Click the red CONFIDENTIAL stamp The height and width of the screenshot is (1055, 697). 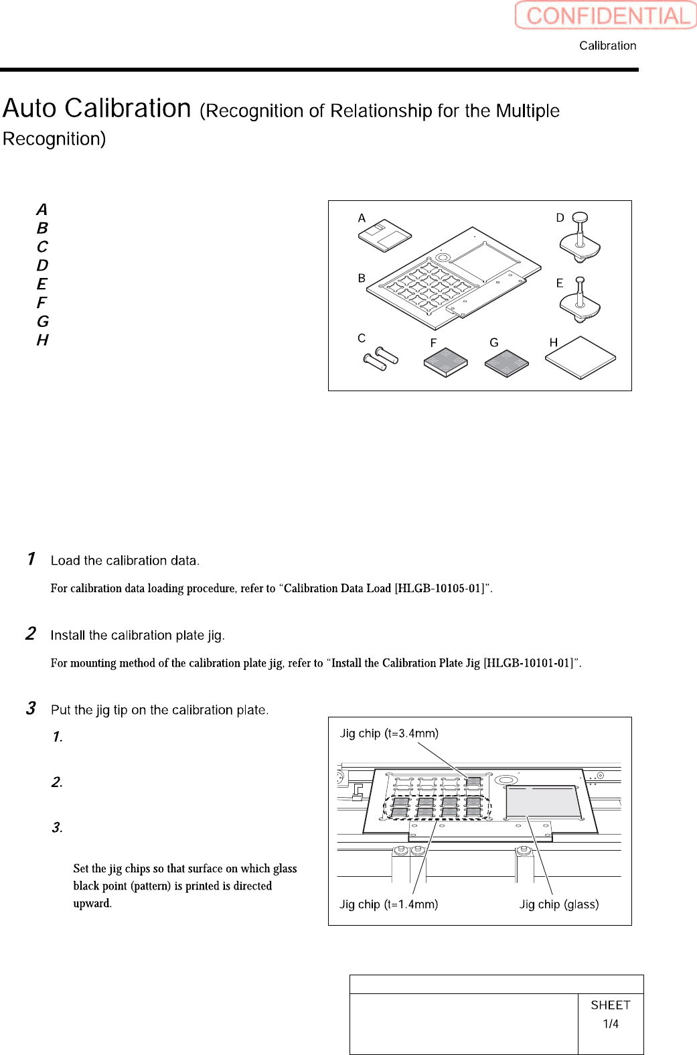tap(606, 15)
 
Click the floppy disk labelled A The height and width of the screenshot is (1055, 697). tap(384, 235)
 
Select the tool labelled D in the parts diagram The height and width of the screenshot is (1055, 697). tap(580, 238)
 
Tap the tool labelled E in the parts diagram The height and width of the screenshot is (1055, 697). tap(580, 301)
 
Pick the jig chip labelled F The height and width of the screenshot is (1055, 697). tap(445, 362)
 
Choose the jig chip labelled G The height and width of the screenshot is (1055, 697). tap(506, 363)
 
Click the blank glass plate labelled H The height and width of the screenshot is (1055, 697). tap(580, 358)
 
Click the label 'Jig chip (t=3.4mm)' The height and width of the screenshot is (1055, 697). tap(389, 733)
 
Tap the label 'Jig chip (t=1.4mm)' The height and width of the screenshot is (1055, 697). tap(388, 904)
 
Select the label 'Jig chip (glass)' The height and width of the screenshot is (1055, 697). tap(559, 904)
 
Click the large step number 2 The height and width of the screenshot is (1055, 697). tap(31, 634)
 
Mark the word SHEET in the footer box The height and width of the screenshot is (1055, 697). tap(611, 1005)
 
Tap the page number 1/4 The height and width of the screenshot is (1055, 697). tap(611, 1024)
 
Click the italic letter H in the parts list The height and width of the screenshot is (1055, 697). tap(43, 340)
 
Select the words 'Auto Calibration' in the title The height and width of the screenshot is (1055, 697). tap(97, 109)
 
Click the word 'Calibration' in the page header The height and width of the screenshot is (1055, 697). tap(607, 46)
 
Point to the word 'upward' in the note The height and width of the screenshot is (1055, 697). tap(91, 903)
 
